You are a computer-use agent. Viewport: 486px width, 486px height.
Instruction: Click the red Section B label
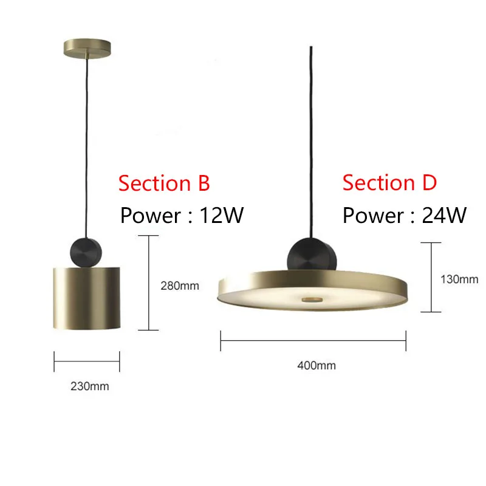tap(164, 183)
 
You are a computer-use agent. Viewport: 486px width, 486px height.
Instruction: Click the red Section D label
tap(389, 182)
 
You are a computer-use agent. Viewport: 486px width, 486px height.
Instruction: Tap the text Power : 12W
tap(182, 215)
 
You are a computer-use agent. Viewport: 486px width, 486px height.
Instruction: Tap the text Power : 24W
tap(405, 215)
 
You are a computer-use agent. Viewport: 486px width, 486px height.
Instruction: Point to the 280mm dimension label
tap(179, 285)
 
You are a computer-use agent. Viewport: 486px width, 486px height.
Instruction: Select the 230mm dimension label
tap(89, 386)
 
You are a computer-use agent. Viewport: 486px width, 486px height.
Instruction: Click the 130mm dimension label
tap(459, 279)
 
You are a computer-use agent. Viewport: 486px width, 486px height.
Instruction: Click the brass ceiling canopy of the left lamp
tap(87, 47)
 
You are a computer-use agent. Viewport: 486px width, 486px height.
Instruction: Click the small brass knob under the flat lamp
tap(313, 299)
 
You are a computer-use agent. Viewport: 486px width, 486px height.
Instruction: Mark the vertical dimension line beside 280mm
tap(149, 282)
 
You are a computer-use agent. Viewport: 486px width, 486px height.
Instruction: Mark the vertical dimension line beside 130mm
tap(431, 277)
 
